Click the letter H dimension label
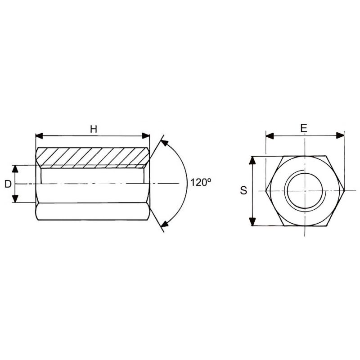[x=94, y=129]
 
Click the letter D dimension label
[x=8, y=184]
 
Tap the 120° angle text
[x=201, y=183]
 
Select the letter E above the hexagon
[x=304, y=128]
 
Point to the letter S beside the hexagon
[x=243, y=190]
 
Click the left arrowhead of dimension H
[x=40, y=136]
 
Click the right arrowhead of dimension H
[x=146, y=136]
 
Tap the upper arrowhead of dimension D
[x=15, y=169]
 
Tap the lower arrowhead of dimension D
[x=15, y=198]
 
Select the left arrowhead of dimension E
[x=270, y=136]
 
